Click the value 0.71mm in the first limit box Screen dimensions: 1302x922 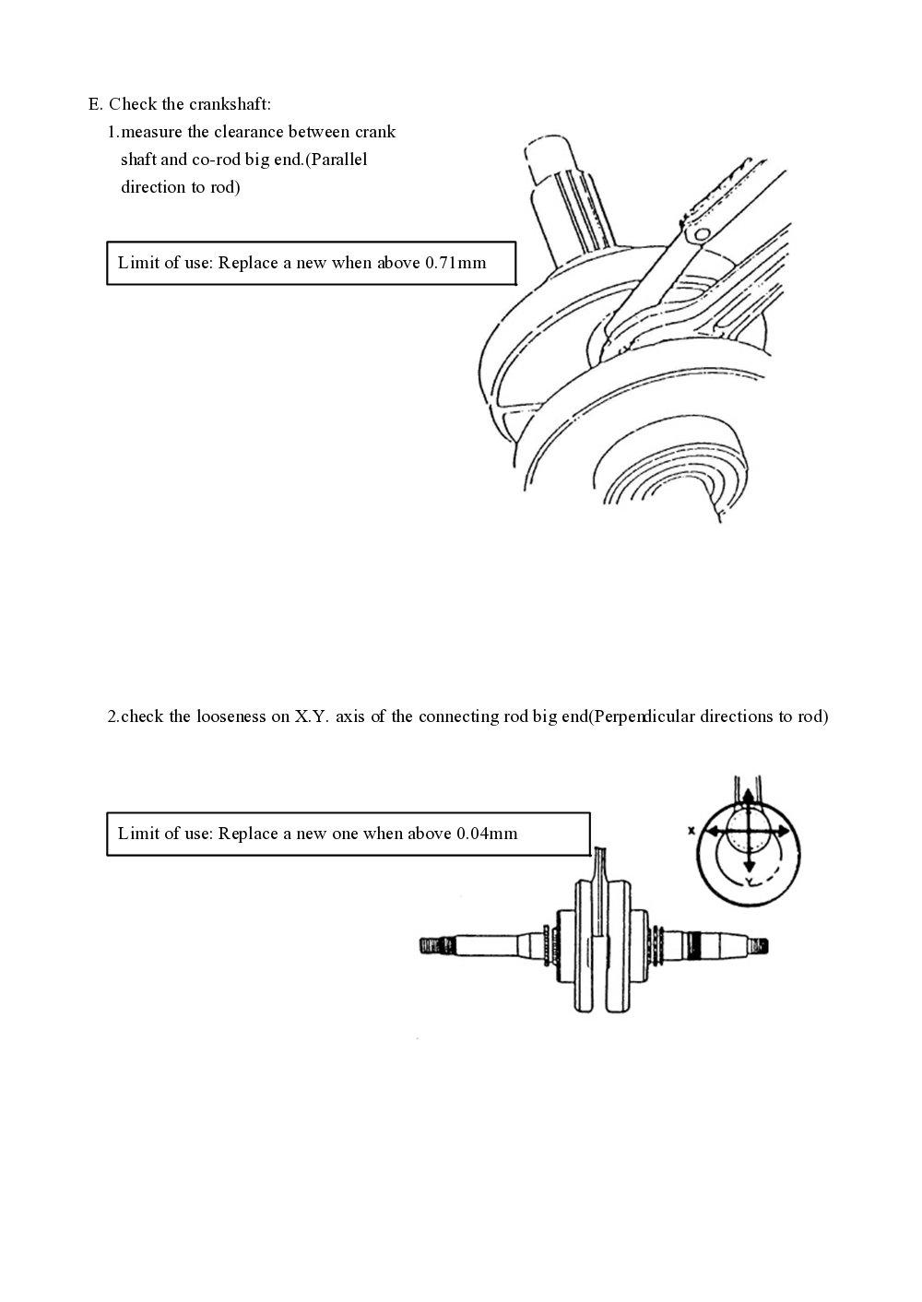455,263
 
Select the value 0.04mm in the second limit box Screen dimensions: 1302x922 487,834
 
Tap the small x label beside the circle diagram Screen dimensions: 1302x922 691,830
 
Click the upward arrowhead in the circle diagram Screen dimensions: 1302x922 748,796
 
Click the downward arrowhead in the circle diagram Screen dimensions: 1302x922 749,867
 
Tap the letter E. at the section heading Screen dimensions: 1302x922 95,103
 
